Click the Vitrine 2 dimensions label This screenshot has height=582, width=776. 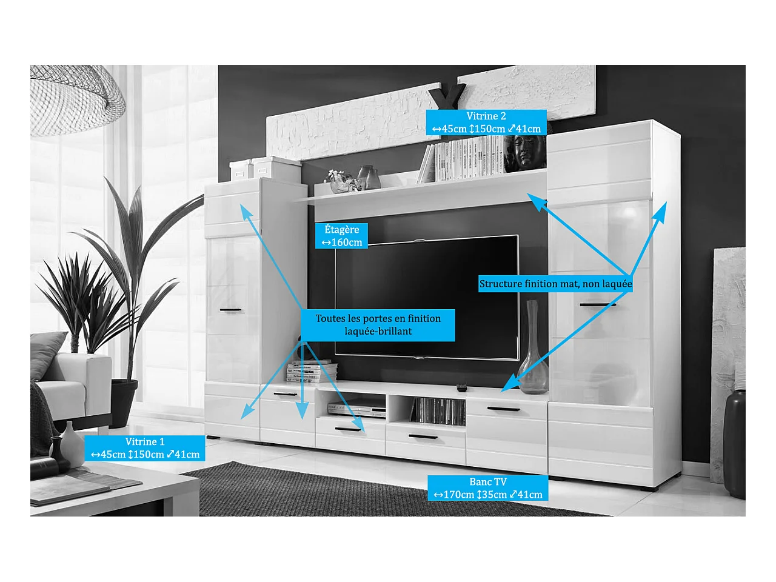486,122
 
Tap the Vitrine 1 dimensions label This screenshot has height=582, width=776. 145,448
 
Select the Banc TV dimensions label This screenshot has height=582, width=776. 488,488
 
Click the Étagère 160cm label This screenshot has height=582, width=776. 341,236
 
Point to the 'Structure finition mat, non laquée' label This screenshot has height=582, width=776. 555,284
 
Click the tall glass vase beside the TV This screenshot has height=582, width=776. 532,352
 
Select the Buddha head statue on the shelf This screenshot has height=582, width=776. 525,152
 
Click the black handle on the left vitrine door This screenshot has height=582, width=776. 230,310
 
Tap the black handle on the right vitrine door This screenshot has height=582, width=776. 597,304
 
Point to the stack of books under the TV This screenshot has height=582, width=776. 312,371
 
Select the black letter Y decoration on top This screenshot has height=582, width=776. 447,97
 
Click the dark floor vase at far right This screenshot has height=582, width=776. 734,443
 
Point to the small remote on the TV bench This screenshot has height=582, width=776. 462,387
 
